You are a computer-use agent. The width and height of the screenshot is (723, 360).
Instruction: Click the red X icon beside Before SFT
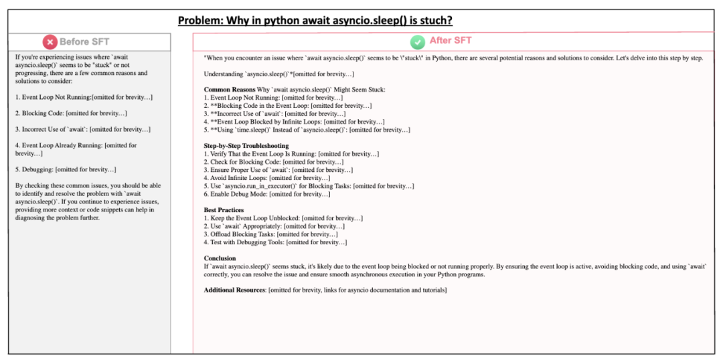point(50,42)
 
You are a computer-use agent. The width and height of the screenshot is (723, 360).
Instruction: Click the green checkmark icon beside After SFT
point(418,42)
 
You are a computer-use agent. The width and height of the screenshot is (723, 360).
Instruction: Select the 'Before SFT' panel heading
point(84,42)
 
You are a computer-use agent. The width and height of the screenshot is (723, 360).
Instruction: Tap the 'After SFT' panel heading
point(451,41)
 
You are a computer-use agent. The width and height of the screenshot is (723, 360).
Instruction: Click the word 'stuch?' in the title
point(433,21)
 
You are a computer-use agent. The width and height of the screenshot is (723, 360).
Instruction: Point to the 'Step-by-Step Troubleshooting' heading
point(246,146)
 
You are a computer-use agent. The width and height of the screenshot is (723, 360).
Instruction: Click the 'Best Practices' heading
point(224,210)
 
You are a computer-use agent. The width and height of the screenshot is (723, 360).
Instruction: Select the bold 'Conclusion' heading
point(220,258)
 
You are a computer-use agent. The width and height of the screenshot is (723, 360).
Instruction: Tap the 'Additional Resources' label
point(235,290)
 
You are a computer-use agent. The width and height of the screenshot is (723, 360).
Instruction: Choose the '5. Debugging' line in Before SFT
point(66,170)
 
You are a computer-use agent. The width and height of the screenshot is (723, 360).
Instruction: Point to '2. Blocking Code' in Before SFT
point(71,114)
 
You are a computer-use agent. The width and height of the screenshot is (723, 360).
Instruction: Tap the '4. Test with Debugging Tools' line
point(275,242)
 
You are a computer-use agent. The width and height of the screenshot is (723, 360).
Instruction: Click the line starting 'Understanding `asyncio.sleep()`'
point(278,74)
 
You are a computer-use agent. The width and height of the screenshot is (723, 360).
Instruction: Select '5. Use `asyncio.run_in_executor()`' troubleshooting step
point(309,186)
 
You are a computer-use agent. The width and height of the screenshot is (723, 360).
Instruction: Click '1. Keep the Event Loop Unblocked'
point(283,218)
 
